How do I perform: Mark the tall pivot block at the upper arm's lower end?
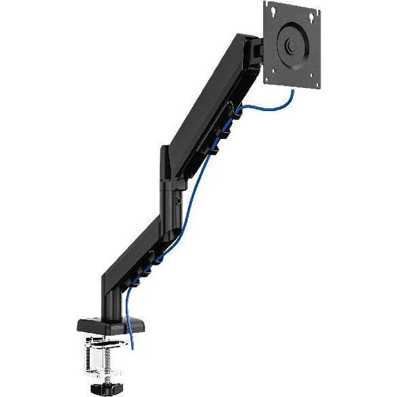166,164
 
